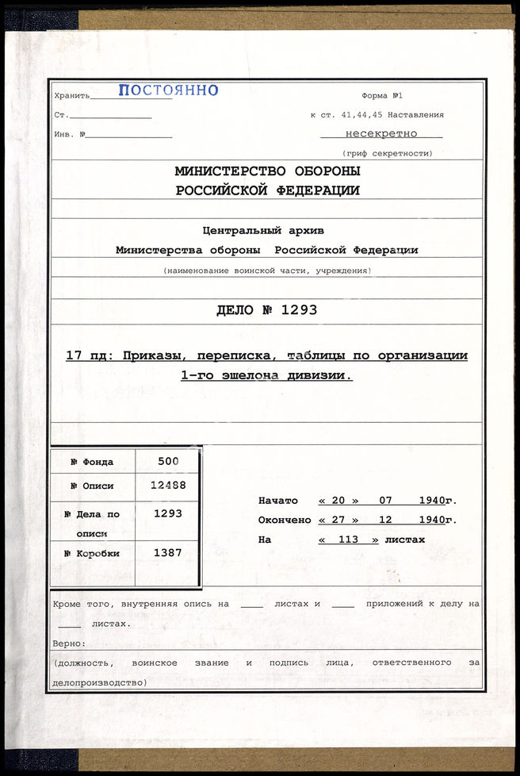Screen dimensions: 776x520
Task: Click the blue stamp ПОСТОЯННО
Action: pyautogui.click(x=168, y=90)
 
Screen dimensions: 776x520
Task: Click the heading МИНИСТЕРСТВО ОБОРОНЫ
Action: pyautogui.click(x=267, y=171)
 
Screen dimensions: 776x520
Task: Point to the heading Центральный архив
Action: pyautogui.click(x=263, y=231)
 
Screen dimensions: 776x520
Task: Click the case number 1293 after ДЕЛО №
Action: pyautogui.click(x=298, y=310)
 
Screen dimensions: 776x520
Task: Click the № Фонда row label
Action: pyautogui.click(x=92, y=462)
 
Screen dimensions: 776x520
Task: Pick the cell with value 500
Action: pyautogui.click(x=168, y=461)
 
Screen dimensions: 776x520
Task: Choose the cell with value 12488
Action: pyautogui.click(x=168, y=485)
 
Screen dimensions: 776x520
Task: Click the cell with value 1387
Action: pyautogui.click(x=168, y=552)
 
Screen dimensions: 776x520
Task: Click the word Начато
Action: pyautogui.click(x=278, y=501)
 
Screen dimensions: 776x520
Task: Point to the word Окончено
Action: pyautogui.click(x=285, y=520)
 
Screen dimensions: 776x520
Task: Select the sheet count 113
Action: pyautogui.click(x=348, y=540)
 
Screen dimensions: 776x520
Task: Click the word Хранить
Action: pyautogui.click(x=71, y=95)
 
